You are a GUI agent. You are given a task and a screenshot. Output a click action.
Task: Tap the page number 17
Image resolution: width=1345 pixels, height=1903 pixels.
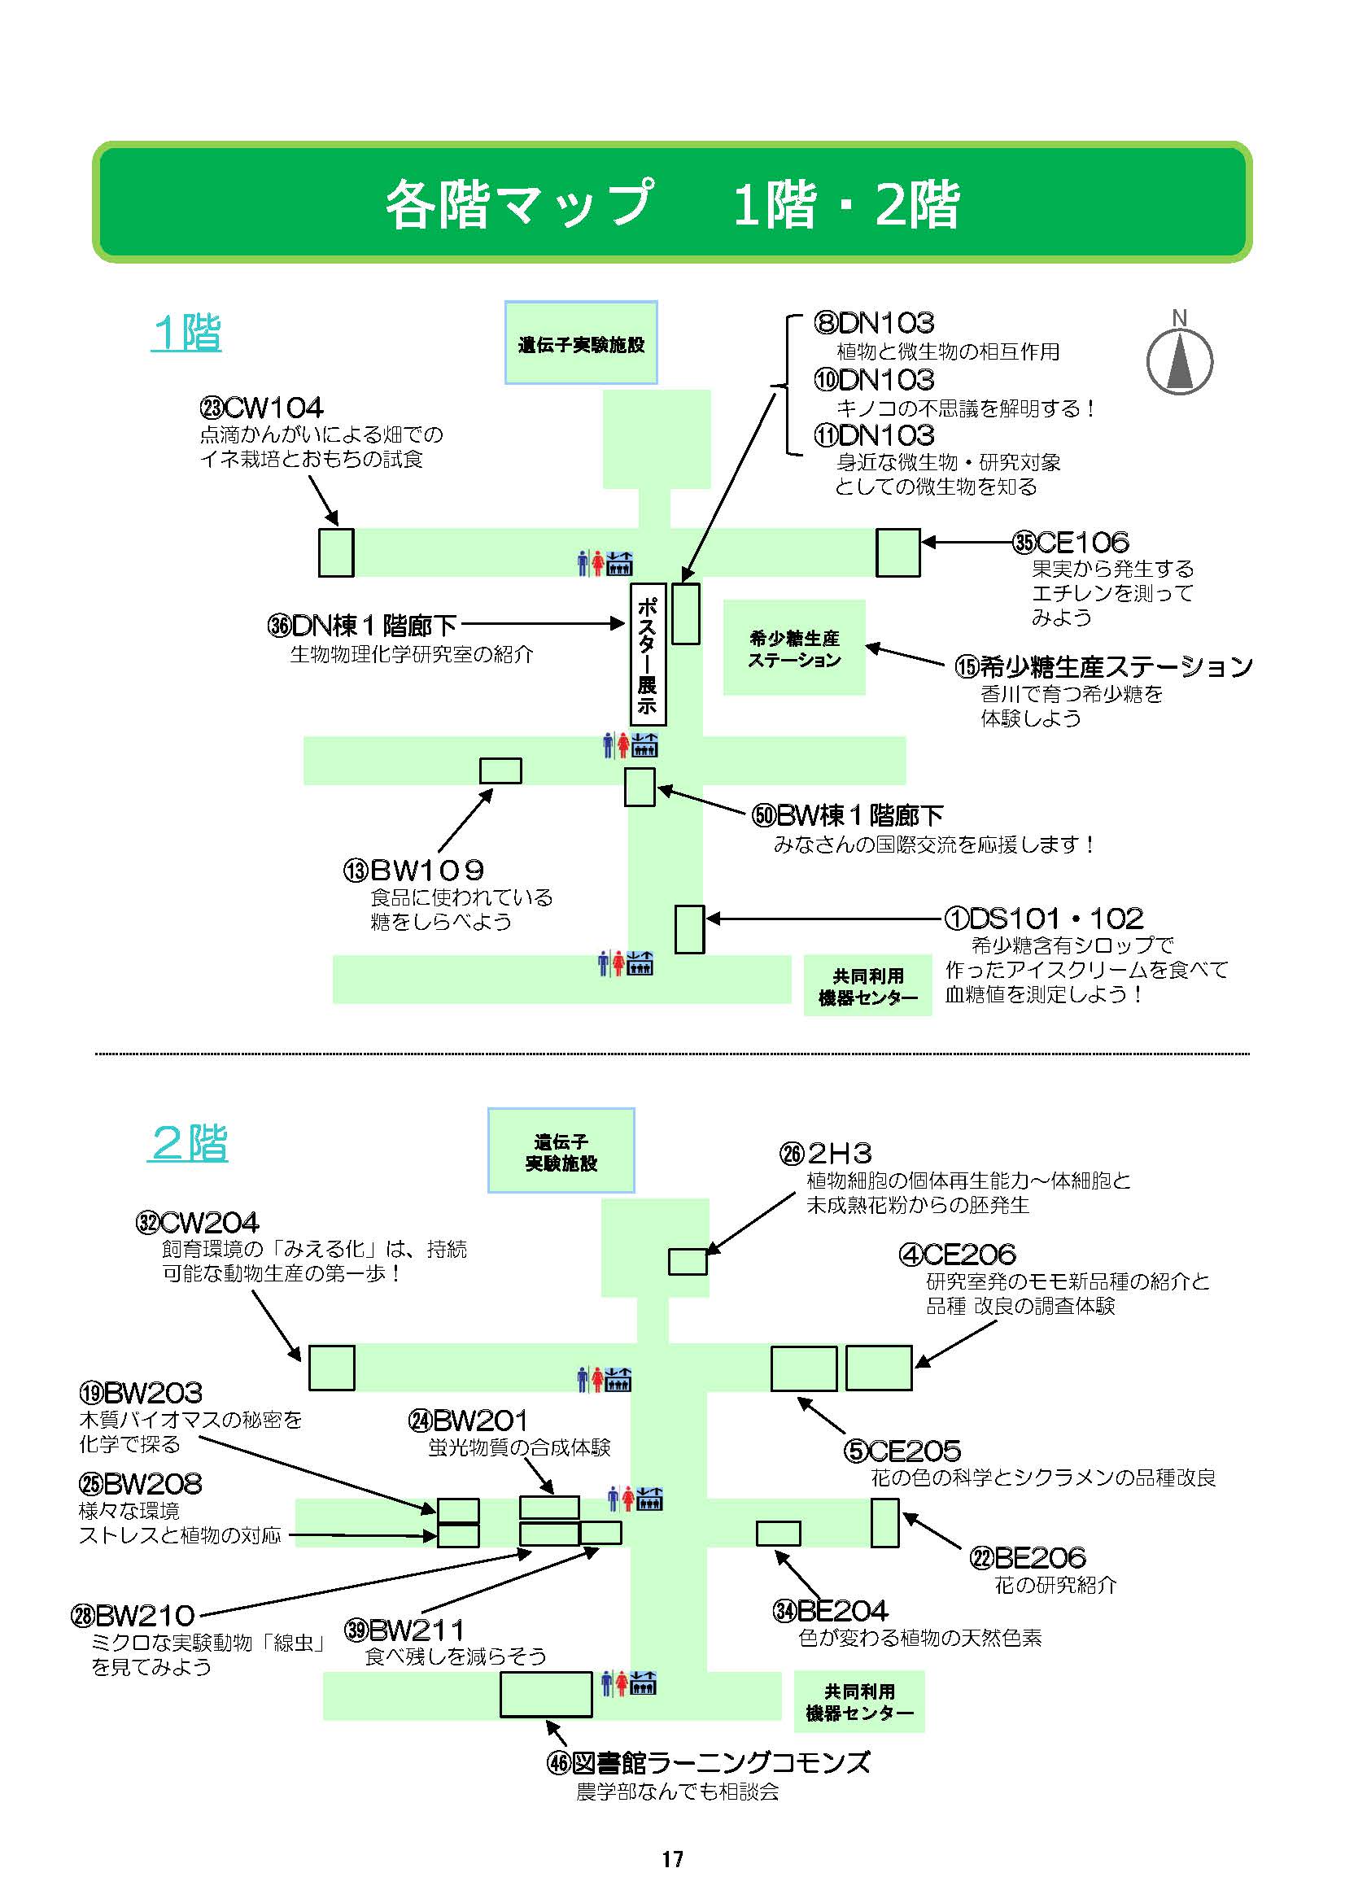tap(672, 1859)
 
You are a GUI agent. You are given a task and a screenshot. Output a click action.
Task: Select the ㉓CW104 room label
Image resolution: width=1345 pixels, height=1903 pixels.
tap(261, 408)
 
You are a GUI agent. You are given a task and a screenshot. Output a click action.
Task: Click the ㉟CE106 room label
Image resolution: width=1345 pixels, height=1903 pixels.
tap(1070, 543)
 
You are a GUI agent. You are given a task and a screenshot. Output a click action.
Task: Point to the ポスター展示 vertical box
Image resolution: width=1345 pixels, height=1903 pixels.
tap(647, 654)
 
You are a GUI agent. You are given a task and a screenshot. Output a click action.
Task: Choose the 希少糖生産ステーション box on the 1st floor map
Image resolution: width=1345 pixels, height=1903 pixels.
tap(794, 648)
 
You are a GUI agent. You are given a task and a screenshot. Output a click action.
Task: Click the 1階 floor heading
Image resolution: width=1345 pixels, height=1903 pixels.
tap(187, 334)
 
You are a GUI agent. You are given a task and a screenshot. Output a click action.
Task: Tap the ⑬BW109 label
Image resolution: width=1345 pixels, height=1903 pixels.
tap(413, 871)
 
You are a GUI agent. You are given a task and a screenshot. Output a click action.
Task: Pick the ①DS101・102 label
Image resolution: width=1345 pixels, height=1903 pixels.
tap(1044, 919)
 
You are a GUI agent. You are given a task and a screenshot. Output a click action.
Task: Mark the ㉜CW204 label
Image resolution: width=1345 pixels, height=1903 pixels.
tap(197, 1223)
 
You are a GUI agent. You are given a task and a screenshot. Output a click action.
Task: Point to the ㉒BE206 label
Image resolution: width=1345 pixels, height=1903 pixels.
tap(1028, 1557)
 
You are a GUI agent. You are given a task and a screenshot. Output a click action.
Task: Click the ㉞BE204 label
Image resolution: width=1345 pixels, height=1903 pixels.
tap(831, 1610)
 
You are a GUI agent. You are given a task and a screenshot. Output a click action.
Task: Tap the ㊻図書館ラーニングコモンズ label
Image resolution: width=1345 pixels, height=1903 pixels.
tap(709, 1762)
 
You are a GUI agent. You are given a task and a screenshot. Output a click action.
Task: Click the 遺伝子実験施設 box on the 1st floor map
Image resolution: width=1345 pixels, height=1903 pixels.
tap(581, 343)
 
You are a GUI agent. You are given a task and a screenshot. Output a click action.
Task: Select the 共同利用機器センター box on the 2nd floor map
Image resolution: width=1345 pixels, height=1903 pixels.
tap(858, 1702)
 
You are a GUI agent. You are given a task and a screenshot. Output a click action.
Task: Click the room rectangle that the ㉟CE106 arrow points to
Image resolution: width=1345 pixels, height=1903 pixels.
tap(897, 552)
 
